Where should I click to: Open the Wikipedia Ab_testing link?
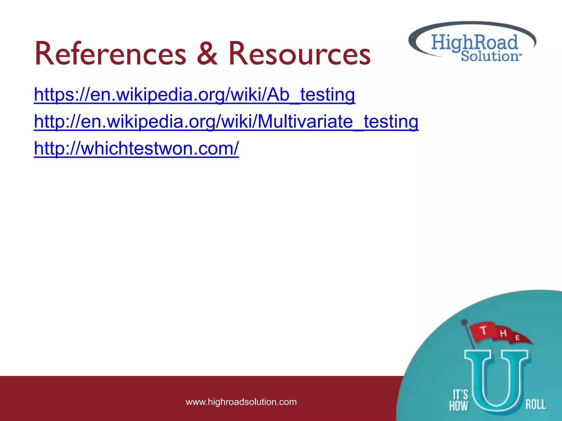[x=194, y=95]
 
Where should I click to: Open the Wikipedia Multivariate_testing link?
[x=226, y=121]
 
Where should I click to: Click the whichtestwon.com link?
[x=136, y=148]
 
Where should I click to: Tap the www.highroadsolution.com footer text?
[x=241, y=402]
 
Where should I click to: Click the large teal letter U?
[x=496, y=381]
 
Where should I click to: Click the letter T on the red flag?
[x=484, y=330]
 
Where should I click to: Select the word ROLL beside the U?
[x=535, y=405]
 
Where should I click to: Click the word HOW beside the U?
[x=458, y=406]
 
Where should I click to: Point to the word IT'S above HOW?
[x=460, y=395]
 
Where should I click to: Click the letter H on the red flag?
[x=503, y=333]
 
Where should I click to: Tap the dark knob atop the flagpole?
[x=464, y=322]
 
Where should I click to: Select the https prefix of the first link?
[x=52, y=95]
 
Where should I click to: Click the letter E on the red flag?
[x=518, y=338]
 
